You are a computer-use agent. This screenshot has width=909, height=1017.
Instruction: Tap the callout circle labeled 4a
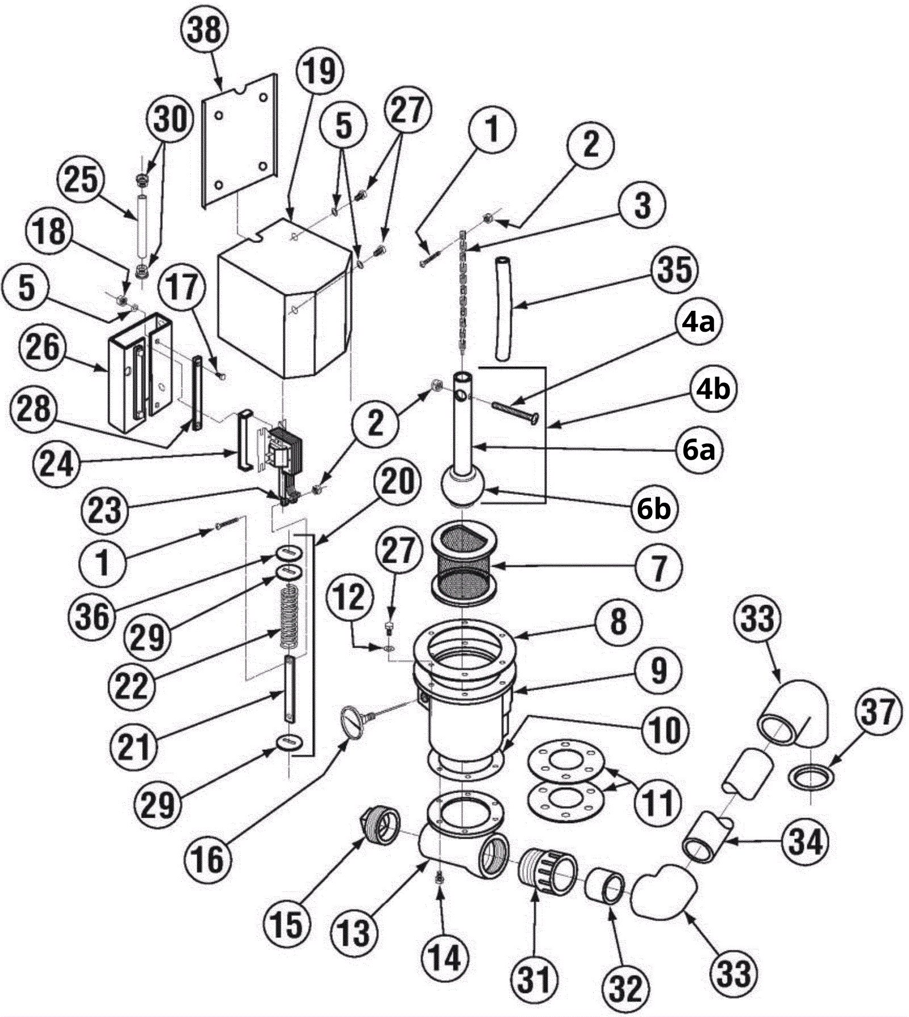[698, 322]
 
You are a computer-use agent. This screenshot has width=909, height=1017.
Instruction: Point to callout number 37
[878, 712]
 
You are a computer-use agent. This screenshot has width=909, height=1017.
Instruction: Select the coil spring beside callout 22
[290, 617]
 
